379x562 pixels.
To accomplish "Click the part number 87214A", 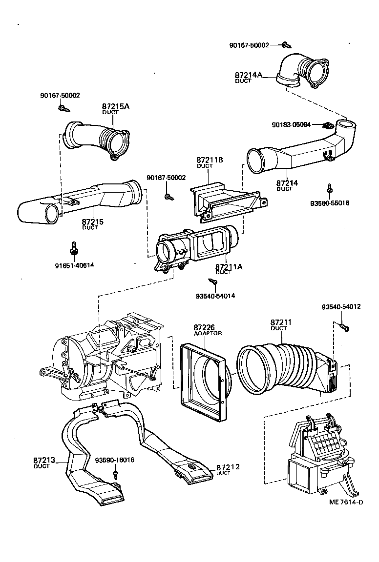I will [249, 75].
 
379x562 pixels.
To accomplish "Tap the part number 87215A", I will [116, 106].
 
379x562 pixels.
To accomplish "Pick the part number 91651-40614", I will [75, 265].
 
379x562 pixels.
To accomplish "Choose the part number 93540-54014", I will [216, 296].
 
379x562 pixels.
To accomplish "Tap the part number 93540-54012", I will [341, 307].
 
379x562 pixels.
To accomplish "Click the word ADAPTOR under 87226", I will [208, 333].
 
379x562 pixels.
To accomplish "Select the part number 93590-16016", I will [115, 460].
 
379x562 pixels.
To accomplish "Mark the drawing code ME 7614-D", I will [346, 502].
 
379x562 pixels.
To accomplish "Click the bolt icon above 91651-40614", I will [74, 248].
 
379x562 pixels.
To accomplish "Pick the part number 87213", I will [44, 460].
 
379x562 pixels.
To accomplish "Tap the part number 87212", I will [227, 467].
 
